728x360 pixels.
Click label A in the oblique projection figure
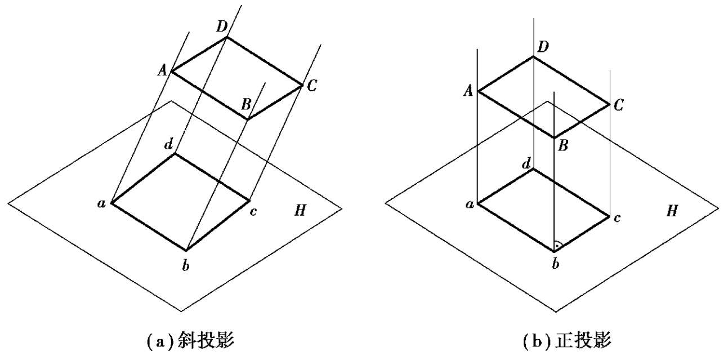163,70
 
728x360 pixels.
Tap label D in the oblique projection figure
221,26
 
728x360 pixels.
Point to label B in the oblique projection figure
246,104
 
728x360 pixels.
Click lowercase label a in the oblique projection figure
102,203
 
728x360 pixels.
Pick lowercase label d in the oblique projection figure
168,144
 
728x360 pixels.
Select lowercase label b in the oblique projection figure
185,265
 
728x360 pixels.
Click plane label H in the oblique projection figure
300,211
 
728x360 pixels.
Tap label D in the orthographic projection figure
543,47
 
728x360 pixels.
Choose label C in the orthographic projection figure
619,105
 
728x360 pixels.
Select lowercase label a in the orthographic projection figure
468,204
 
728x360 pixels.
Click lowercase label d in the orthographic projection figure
526,163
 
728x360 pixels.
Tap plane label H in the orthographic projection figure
672,211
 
